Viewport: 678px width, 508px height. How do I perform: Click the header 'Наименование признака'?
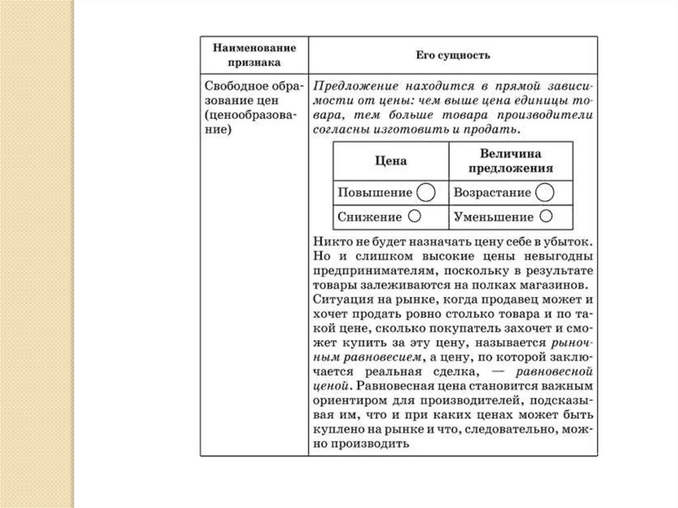click(254, 55)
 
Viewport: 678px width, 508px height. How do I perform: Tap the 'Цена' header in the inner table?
click(391, 161)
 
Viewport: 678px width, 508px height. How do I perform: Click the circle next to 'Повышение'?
click(426, 193)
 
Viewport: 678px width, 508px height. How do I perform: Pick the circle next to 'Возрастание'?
click(544, 193)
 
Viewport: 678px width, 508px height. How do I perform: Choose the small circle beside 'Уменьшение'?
click(546, 216)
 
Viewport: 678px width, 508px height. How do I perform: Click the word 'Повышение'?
click(375, 193)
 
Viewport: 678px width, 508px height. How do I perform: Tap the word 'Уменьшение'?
click(494, 217)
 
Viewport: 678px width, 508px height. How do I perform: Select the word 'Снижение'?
click(369, 217)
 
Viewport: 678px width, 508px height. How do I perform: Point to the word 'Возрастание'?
click(492, 193)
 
